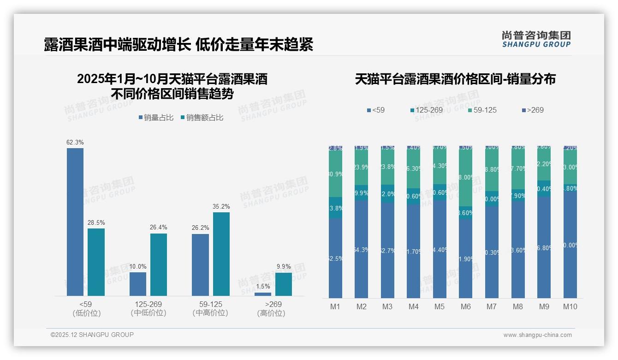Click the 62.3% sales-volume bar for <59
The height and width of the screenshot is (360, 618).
pyautogui.click(x=75, y=222)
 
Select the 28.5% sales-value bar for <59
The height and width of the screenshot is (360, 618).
pyautogui.click(x=96, y=262)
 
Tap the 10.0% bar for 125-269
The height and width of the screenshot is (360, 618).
pyautogui.click(x=138, y=284)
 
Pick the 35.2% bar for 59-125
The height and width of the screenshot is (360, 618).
pyautogui.click(x=221, y=254)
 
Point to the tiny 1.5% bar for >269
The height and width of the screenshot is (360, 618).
pyautogui.click(x=263, y=294)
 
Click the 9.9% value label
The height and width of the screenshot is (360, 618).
pyautogui.click(x=284, y=266)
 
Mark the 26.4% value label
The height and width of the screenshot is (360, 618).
pyautogui.click(x=159, y=227)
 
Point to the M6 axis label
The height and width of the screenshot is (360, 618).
pyautogui.click(x=465, y=306)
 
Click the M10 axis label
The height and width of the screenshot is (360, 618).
pyautogui.click(x=570, y=306)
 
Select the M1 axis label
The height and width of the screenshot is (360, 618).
pyautogui.click(x=335, y=306)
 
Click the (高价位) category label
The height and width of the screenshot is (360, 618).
pyautogui.click(x=271, y=313)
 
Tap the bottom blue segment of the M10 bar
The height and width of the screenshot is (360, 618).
pyautogui.click(x=570, y=245)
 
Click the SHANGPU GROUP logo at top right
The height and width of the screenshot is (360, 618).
pyautogui.click(x=536, y=39)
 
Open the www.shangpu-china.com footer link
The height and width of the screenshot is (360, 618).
pyautogui.click(x=537, y=335)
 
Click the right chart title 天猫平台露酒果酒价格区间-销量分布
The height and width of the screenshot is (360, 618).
pyautogui.click(x=455, y=79)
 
